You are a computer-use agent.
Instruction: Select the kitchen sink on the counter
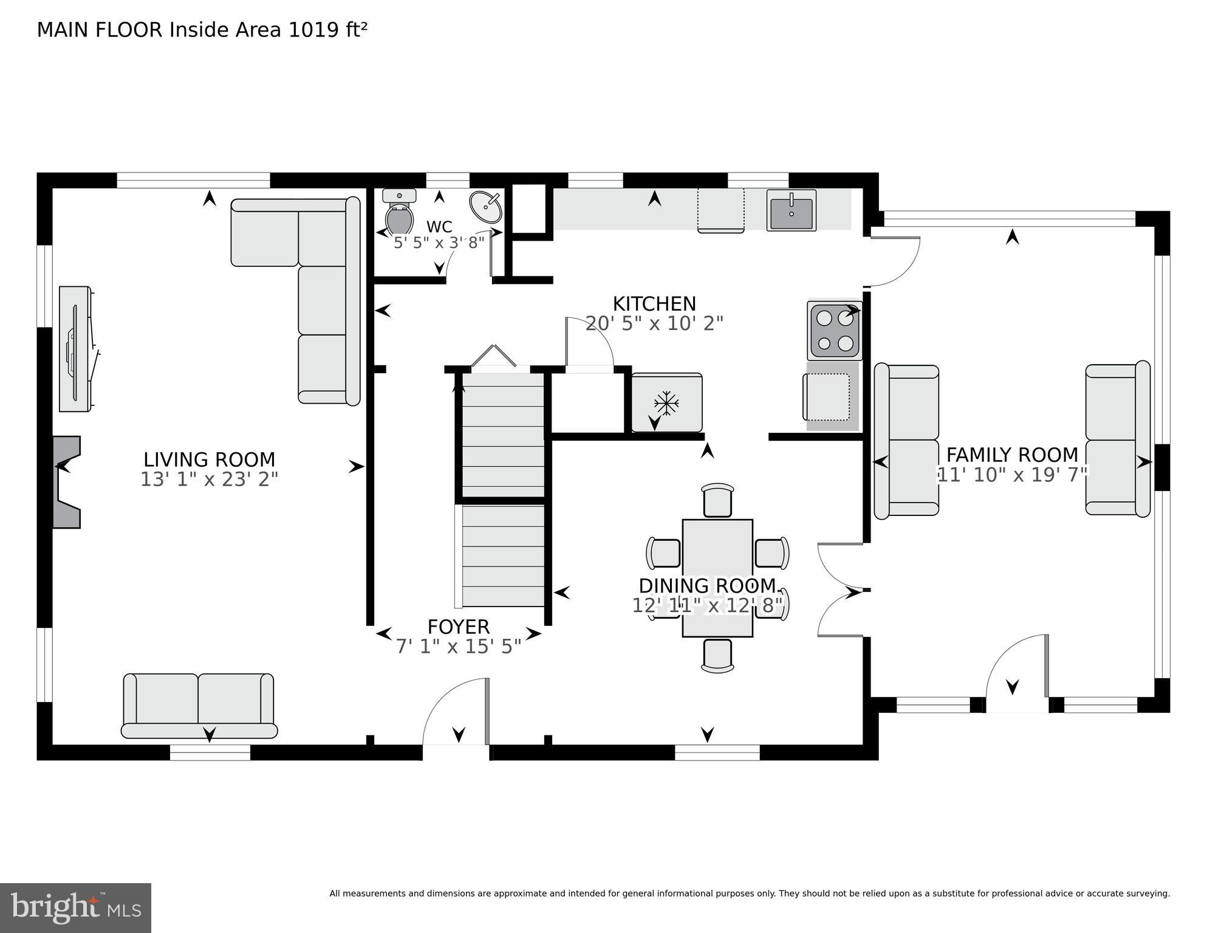coord(791,210)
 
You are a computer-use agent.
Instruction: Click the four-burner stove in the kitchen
coord(835,331)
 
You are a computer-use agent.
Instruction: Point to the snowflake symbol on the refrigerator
coord(666,402)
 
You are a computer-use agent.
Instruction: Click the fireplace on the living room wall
coord(67,481)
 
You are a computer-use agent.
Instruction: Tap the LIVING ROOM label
coord(209,459)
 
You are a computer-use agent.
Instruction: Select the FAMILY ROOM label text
coord(1011,455)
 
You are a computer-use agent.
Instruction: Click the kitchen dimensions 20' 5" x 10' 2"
coord(654,323)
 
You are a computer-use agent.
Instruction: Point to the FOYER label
coord(458,627)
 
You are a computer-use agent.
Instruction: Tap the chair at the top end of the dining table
coord(717,500)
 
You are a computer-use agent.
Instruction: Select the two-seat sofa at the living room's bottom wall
coord(199,705)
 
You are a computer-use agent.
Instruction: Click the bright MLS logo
coord(75,907)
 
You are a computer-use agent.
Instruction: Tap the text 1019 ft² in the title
coord(327,30)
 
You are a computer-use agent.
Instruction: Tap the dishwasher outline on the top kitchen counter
coord(720,210)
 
